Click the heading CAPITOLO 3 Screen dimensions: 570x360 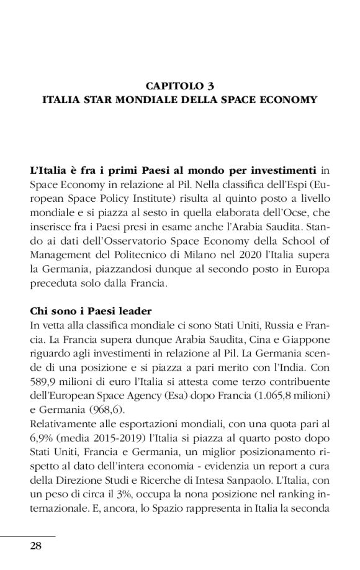coord(179,85)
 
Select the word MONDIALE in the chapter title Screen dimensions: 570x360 coord(150,99)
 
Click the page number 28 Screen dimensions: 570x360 coord(35,546)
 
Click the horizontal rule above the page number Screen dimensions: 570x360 coord(28,535)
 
